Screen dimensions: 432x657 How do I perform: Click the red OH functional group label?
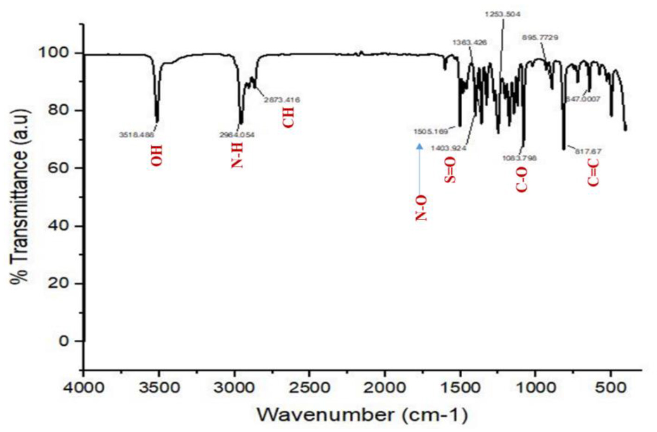click(157, 155)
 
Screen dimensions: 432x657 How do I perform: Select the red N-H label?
click(237, 155)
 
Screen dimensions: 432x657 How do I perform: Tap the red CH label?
click(288, 117)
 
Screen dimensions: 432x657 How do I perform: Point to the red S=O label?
click(450, 170)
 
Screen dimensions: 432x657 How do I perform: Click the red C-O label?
click(522, 180)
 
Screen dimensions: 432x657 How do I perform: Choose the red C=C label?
click(593, 172)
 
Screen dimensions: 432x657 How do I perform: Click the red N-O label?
click(421, 208)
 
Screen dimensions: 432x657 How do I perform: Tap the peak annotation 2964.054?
click(237, 135)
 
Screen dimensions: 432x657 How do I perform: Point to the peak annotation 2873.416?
click(282, 100)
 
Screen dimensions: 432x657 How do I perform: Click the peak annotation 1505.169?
click(431, 132)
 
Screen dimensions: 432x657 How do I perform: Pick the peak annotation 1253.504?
click(503, 14)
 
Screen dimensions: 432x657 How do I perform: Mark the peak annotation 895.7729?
click(540, 38)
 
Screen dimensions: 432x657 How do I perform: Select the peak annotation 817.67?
click(588, 151)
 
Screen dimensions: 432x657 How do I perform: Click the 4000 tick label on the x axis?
click(83, 388)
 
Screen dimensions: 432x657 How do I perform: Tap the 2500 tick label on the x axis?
click(309, 388)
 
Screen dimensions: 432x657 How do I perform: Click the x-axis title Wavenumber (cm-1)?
click(362, 414)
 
